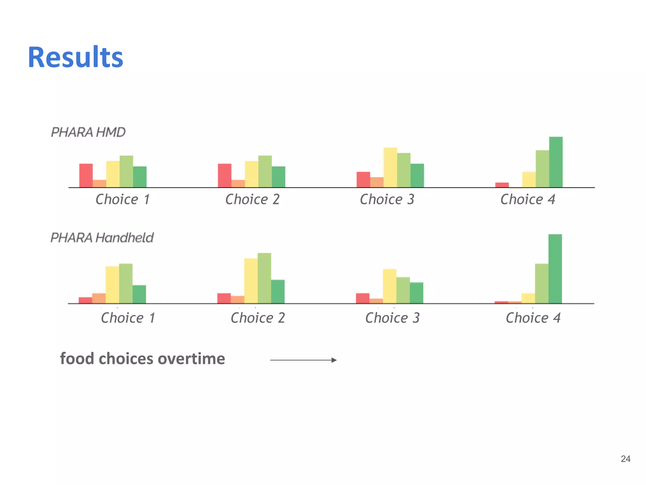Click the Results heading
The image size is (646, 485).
point(75,57)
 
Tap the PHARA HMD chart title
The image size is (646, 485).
point(88,132)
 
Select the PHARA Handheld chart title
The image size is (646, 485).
point(102,238)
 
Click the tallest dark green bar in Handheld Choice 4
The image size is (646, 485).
point(555,269)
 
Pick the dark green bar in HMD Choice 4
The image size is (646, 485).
point(555,162)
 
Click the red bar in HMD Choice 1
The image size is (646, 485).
point(86,176)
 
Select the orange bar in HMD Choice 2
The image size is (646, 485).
point(238,183)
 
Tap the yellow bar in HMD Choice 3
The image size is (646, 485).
point(390,167)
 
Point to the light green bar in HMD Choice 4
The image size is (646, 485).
point(542,169)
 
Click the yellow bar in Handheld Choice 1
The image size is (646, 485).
point(112,285)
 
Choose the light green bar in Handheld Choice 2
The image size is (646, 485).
point(264,278)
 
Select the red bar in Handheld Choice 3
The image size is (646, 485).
point(362,298)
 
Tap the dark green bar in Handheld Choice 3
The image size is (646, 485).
point(416,293)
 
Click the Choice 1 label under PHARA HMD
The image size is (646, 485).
point(123,200)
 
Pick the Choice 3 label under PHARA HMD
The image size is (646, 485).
point(387,200)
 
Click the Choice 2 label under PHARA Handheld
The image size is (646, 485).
point(258,318)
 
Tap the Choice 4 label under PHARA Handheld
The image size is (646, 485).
point(533,318)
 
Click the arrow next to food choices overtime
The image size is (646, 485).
point(303,360)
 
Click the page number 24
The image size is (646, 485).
point(625,459)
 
